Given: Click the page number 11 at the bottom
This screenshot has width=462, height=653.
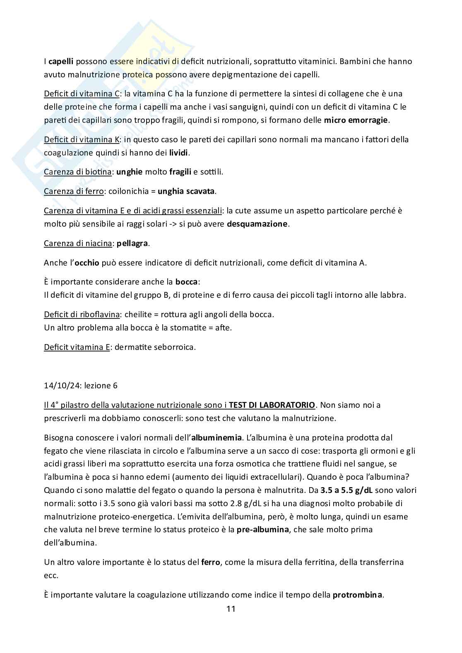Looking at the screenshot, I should [231, 608].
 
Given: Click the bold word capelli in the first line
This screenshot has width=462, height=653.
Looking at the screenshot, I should [61, 62].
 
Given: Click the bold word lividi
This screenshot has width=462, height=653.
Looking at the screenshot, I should [179, 153].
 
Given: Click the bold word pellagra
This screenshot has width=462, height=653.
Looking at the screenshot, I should [132, 243].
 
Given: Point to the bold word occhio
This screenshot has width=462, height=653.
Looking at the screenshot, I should [87, 263].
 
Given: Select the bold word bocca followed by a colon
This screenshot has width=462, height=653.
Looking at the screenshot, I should [186, 282].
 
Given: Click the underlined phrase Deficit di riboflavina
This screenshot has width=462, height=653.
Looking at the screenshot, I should [82, 314].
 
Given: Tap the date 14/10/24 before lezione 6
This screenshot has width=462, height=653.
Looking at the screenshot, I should [62, 385].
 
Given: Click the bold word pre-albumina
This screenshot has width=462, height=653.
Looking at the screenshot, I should [262, 529].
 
